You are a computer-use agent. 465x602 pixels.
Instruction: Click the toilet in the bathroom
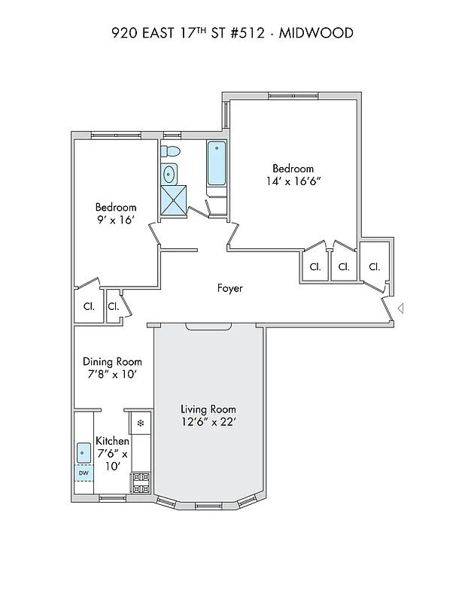coord(171,151)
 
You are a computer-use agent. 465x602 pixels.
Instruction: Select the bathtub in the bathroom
coord(217,163)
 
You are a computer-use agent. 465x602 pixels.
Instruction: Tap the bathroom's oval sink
coord(169,175)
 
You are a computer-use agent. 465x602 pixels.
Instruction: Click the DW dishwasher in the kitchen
coord(84,473)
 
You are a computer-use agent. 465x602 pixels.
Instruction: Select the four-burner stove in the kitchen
coord(141,482)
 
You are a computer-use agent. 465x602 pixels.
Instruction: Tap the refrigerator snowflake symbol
coord(140,424)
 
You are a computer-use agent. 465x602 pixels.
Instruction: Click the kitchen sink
coord(84,452)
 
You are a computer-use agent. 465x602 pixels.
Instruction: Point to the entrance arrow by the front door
coord(401,308)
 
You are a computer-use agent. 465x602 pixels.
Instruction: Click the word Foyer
coord(229,288)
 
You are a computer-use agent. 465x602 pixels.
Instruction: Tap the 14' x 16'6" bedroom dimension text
coord(293,181)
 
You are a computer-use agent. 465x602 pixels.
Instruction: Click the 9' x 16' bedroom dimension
coord(116,220)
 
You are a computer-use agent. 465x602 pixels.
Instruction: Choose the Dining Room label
coord(112,361)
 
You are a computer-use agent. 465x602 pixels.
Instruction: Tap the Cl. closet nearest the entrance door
coord(374,266)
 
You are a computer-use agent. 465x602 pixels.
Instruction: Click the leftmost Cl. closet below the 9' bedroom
coord(89,306)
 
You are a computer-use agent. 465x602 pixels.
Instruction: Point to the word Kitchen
coord(112,441)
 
